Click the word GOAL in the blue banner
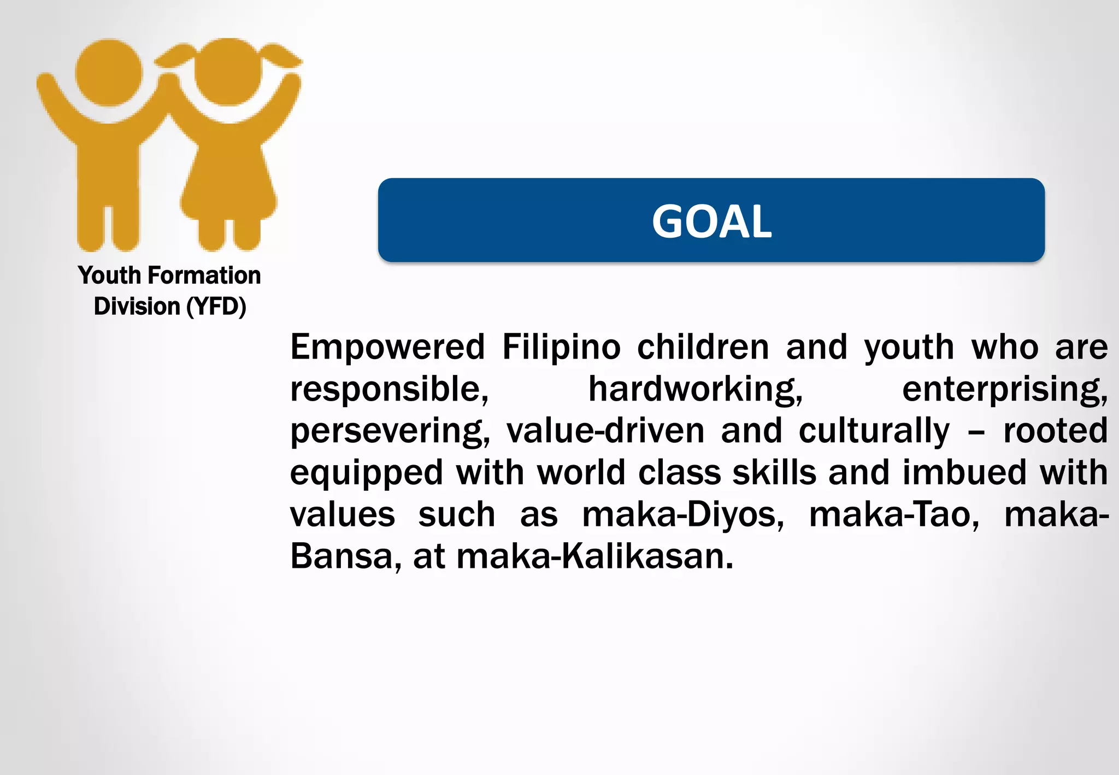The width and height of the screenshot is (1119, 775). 711,221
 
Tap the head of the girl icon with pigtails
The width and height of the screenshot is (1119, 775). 228,71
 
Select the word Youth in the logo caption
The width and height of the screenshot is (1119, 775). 109,275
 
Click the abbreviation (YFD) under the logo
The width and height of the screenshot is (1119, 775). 216,307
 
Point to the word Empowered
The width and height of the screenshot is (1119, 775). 387,347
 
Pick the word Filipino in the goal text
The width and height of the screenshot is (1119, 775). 561,347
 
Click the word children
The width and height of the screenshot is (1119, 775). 703,347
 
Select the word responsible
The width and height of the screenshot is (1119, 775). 389,389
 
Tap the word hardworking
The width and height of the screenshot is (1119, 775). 695,389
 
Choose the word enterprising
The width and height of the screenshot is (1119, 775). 1004,389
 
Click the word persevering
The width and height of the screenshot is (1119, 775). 390,431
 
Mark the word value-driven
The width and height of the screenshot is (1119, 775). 605,431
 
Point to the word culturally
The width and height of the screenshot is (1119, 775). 874,431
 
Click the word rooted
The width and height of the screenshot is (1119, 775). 1055,431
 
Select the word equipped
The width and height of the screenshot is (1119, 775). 366,473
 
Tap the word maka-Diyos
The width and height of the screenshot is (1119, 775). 683,515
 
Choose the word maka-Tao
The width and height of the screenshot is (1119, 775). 894,515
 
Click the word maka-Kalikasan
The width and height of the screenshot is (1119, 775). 594,556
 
